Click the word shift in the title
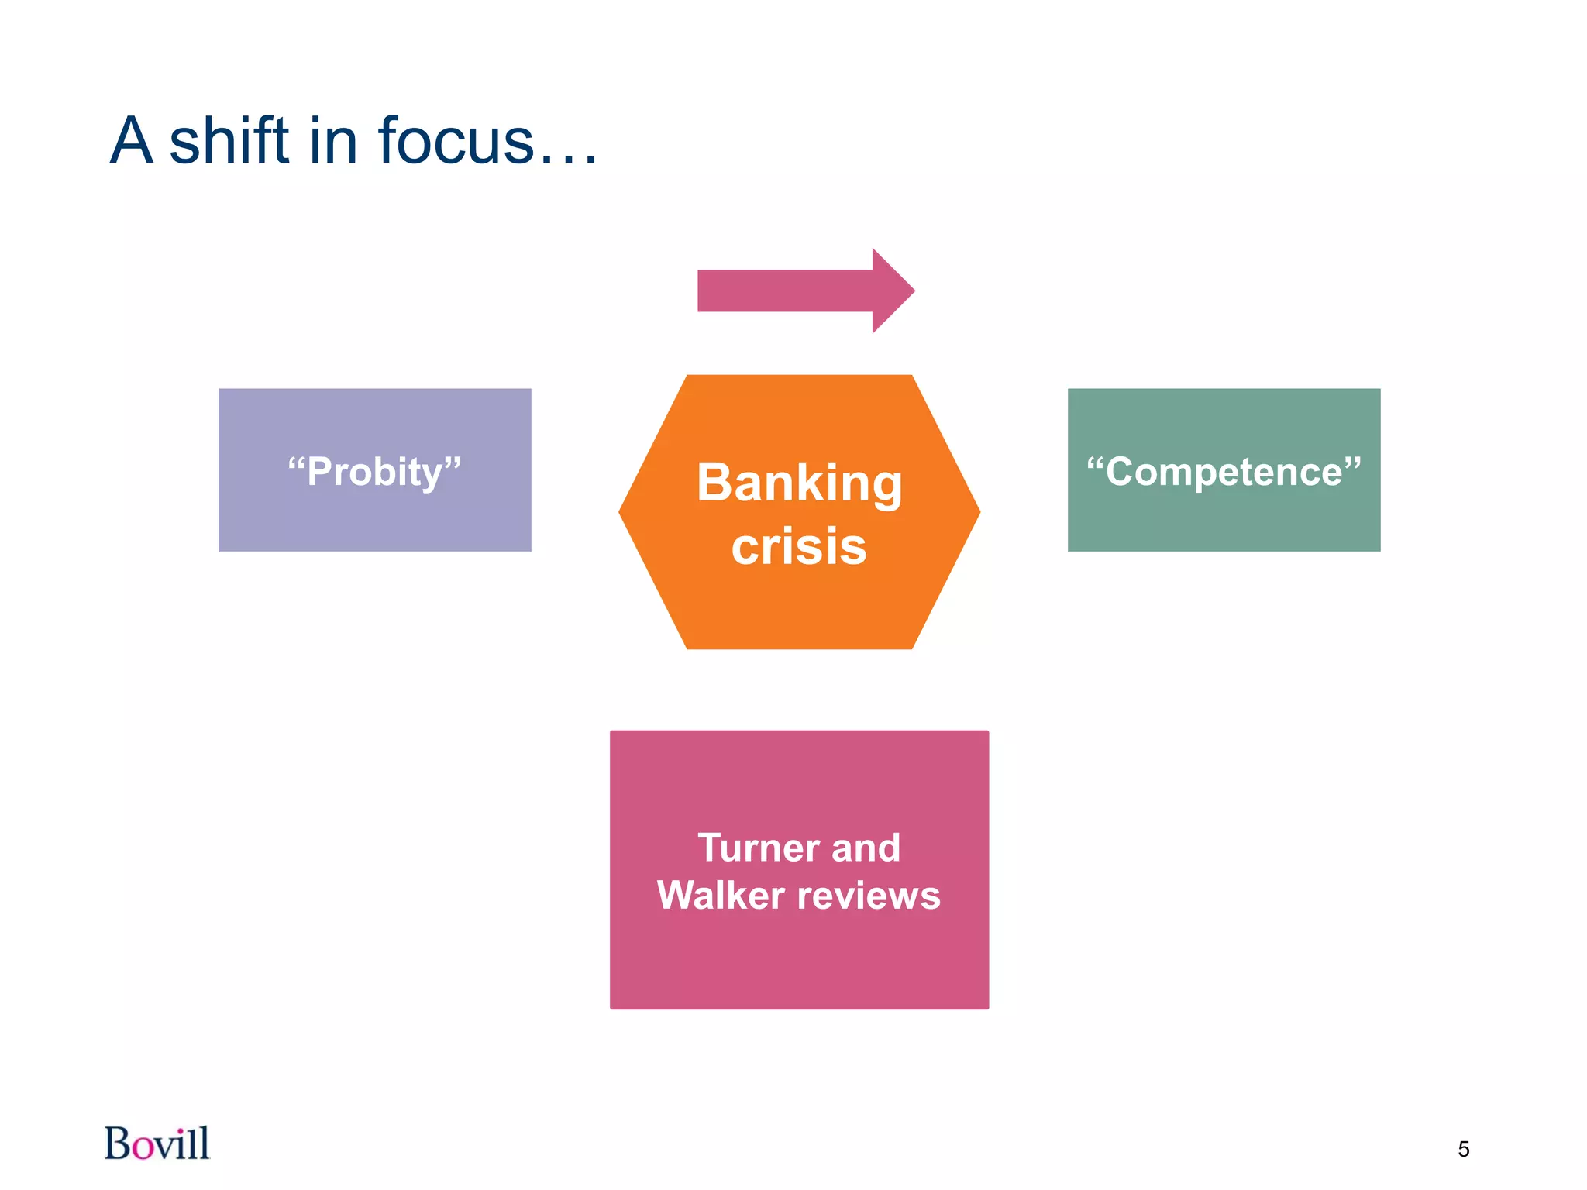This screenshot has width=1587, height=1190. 229,141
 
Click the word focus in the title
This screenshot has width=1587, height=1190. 456,141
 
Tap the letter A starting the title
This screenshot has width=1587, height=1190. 131,141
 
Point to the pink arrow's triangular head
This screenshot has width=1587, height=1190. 892,291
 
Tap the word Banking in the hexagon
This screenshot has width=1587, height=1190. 799,483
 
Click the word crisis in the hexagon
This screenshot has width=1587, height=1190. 799,547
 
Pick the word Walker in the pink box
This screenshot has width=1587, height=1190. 721,896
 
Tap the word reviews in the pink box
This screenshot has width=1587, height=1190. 869,896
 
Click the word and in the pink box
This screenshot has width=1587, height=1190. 866,848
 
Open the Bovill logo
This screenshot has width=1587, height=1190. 157,1144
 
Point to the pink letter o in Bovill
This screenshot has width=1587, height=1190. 143,1147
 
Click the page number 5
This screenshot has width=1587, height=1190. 1463,1149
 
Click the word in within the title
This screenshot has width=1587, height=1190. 332,141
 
